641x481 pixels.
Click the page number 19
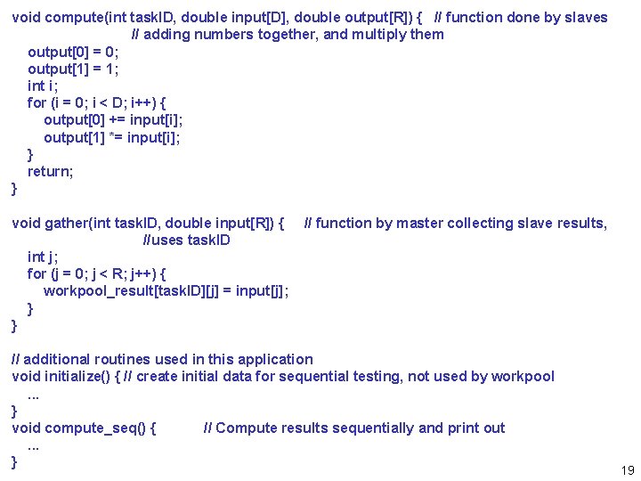click(627, 470)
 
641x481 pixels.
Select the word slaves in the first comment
click(586, 18)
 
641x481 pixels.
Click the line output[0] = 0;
click(74, 52)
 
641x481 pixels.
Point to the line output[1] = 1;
click(74, 69)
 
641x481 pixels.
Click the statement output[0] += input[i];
click(113, 120)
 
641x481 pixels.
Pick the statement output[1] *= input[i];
click(111, 137)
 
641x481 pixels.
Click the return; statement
click(51, 171)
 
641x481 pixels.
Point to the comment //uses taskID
click(187, 240)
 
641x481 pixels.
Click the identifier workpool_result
click(97, 291)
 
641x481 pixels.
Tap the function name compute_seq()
click(101, 428)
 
